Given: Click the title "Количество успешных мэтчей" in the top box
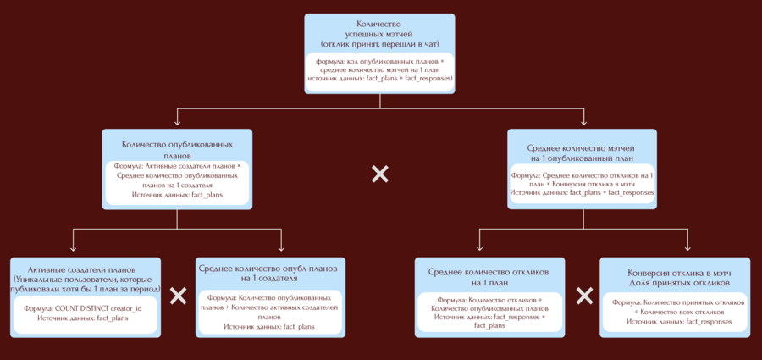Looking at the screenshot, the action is point(379,28).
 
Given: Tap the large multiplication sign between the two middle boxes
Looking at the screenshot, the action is point(379,174).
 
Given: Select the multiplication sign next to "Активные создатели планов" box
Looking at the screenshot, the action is point(179,296).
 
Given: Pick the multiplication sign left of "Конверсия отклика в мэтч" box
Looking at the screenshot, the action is point(584,296).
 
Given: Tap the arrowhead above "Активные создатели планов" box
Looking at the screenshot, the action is point(74,248).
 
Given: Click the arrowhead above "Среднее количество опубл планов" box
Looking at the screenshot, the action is point(282,248).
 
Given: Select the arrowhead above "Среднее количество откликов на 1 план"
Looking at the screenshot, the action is point(479,248).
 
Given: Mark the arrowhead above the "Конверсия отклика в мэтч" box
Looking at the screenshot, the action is point(687,248).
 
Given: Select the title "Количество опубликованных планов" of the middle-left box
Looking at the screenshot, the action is point(177,150).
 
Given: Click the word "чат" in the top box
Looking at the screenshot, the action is point(431,44).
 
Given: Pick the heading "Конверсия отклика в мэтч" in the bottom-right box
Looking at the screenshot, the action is point(680,273).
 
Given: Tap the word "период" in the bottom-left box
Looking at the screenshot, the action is point(146,289).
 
